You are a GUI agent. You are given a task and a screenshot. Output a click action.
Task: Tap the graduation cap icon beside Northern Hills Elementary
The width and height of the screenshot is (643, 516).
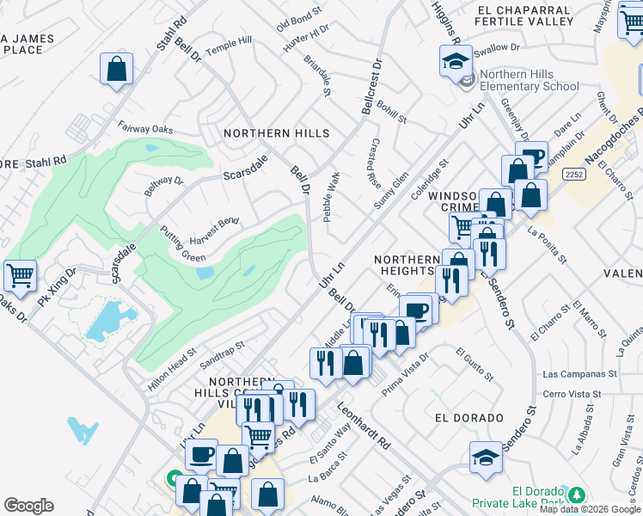coord(456,60)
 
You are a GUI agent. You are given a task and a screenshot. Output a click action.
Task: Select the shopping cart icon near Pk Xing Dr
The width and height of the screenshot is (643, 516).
coord(20,275)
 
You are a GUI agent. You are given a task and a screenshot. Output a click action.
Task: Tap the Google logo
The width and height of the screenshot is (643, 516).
coord(28,506)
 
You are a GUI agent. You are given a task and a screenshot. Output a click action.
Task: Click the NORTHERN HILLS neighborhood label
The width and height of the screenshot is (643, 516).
coord(276,133)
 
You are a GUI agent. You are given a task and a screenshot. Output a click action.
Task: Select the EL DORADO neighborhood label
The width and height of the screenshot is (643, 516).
coord(469,418)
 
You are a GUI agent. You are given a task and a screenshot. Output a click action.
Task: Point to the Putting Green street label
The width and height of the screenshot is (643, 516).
coord(182,243)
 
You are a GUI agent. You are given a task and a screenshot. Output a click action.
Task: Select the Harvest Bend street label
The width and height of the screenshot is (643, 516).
coord(214,229)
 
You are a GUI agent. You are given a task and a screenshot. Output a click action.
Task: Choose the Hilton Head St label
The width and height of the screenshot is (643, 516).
coord(172,371)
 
